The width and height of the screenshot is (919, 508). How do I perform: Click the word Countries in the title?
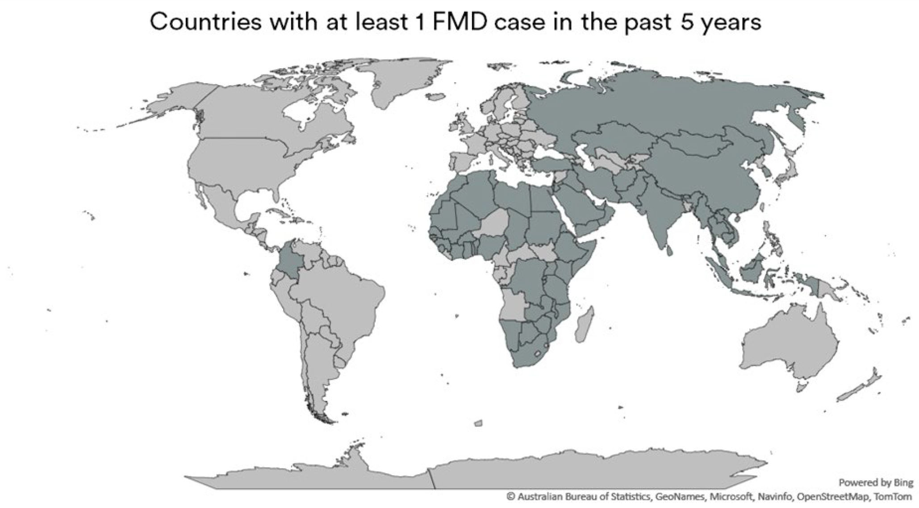[x=205, y=21]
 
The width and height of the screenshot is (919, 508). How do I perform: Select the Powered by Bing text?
[x=876, y=483]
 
